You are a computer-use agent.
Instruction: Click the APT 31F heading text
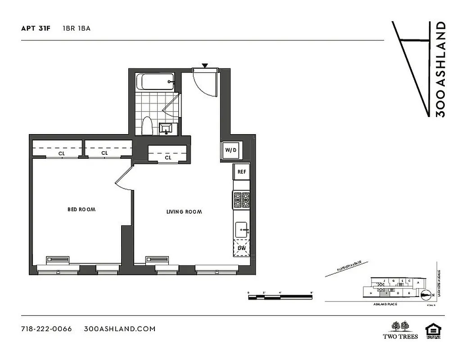(x=36, y=28)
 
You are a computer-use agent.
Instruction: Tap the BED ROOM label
(x=81, y=209)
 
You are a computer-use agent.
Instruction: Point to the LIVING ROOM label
(x=184, y=211)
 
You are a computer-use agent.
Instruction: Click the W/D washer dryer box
(x=231, y=150)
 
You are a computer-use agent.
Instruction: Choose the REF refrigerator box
(x=241, y=171)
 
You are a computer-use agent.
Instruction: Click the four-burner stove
(x=241, y=199)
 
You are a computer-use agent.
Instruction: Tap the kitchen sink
(x=241, y=229)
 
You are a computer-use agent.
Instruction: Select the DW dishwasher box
(x=241, y=248)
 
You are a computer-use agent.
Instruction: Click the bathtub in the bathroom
(x=156, y=82)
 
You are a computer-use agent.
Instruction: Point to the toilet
(x=147, y=126)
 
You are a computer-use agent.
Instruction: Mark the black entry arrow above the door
(x=205, y=66)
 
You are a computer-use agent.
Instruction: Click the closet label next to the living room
(x=168, y=157)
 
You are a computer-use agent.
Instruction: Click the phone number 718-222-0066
(x=46, y=328)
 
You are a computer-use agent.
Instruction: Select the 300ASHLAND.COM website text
(x=120, y=328)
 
